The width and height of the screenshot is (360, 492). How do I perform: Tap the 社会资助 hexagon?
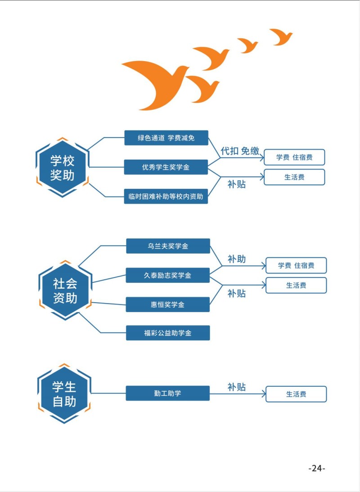[65, 291]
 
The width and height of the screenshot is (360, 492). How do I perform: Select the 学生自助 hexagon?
[64, 394]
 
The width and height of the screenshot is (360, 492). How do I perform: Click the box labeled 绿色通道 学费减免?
[166, 138]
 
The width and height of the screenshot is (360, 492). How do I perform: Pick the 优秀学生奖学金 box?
[166, 167]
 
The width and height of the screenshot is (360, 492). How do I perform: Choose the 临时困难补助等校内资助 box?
[166, 196]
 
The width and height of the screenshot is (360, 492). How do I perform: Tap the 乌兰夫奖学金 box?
[168, 246]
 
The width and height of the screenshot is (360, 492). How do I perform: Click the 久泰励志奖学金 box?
[167, 275]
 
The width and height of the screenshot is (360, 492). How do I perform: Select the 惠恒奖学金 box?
[167, 304]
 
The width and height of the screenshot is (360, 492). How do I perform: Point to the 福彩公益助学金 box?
[168, 333]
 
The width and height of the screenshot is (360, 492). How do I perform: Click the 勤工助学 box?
[167, 394]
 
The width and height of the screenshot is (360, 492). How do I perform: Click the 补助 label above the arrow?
[237, 259]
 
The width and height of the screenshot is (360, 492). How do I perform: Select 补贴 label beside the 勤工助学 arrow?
[237, 387]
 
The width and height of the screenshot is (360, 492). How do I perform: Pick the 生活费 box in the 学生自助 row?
[296, 394]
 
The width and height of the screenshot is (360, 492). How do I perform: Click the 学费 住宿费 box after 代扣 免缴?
[294, 157]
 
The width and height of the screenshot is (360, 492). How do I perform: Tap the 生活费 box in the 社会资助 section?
[296, 285]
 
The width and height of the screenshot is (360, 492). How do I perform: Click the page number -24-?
[316, 468]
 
